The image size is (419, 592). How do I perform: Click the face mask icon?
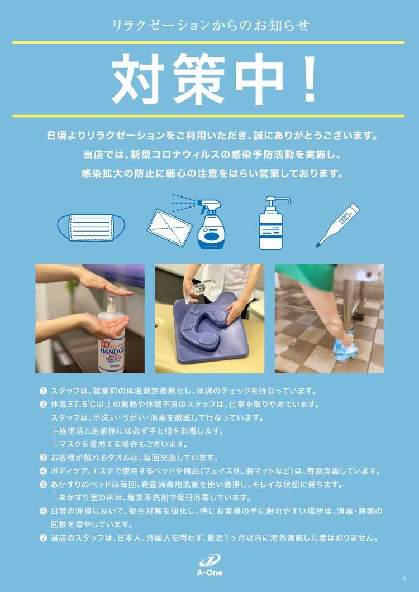[91, 227]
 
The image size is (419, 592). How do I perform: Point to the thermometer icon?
[337, 225]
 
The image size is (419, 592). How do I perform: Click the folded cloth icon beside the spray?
[169, 229]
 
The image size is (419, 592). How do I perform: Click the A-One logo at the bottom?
[210, 566]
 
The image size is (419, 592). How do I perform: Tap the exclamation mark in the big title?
[310, 79]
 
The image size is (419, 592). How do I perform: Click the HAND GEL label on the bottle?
[112, 352]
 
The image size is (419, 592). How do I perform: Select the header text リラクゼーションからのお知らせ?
[210, 26]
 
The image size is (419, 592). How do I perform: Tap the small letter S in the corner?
[404, 578]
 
